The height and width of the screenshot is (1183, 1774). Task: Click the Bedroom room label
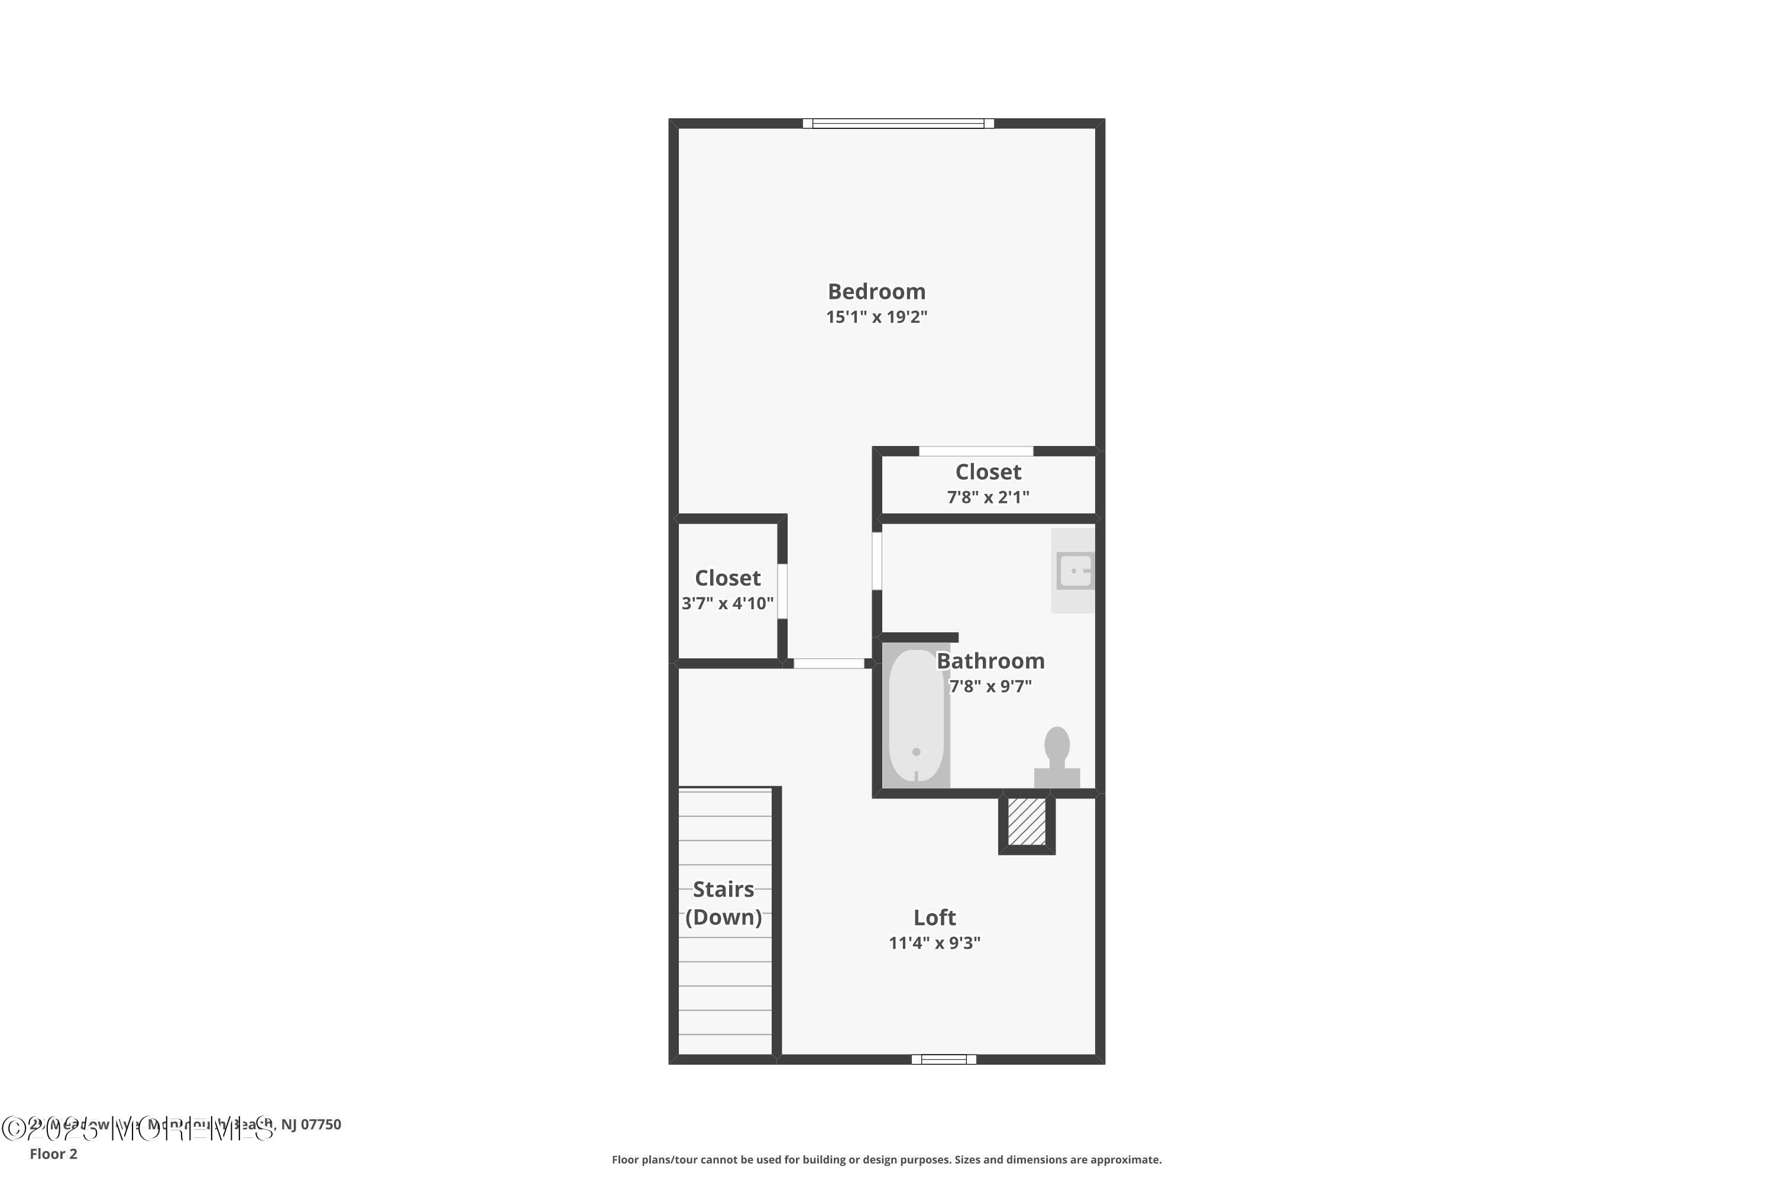pyautogui.click(x=876, y=291)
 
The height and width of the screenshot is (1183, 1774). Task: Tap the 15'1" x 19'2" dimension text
pyautogui.click(x=876, y=317)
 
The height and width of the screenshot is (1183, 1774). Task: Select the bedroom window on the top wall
pyautogui.click(x=898, y=124)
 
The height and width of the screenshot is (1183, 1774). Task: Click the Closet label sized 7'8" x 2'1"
pyautogui.click(x=988, y=472)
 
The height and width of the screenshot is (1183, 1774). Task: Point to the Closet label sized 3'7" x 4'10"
pyautogui.click(x=727, y=578)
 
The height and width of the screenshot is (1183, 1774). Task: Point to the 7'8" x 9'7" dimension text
pyautogui.click(x=990, y=687)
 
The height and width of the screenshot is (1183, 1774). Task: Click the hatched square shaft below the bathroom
pyautogui.click(x=1027, y=822)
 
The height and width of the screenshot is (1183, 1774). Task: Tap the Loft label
pyautogui.click(x=934, y=917)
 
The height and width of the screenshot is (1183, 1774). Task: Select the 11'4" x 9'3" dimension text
pyautogui.click(x=934, y=943)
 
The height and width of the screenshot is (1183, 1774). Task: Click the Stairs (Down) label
pyautogui.click(x=723, y=903)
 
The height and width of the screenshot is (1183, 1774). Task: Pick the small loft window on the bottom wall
pyautogui.click(x=944, y=1059)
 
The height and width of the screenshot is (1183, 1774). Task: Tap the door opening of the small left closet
pyautogui.click(x=782, y=591)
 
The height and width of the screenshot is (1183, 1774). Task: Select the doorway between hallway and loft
pyautogui.click(x=828, y=663)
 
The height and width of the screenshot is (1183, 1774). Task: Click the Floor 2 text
pyautogui.click(x=54, y=1153)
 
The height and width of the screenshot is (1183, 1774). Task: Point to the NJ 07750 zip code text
pyautogui.click(x=311, y=1124)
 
